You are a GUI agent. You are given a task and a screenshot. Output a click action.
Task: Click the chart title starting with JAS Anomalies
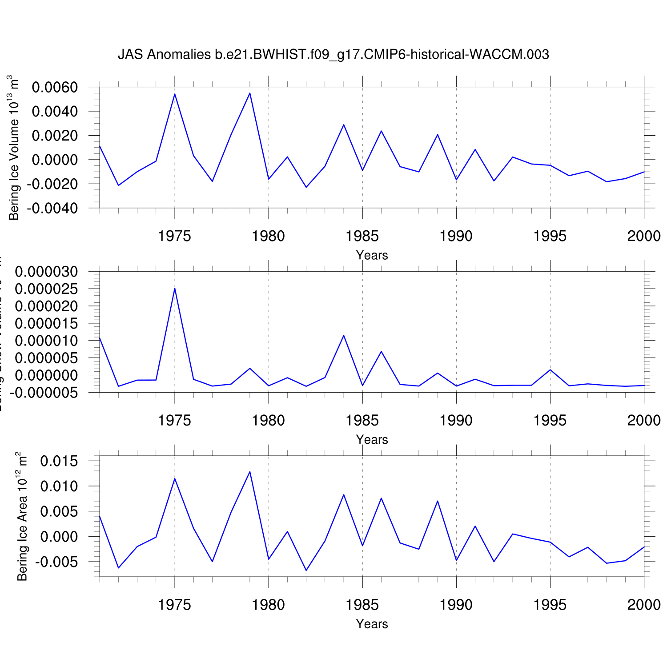click(x=333, y=54)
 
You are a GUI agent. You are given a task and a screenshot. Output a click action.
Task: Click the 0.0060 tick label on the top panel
click(x=55, y=87)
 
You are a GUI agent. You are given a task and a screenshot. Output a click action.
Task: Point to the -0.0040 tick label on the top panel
click(x=52, y=208)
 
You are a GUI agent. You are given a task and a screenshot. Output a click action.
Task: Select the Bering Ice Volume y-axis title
click(x=14, y=148)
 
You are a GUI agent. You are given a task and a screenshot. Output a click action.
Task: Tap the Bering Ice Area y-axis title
click(x=22, y=517)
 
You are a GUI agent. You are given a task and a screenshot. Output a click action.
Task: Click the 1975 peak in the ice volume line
click(x=175, y=94)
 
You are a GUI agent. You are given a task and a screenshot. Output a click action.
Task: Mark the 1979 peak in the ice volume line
click(x=250, y=93)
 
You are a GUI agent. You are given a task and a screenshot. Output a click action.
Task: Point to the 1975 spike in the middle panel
click(x=175, y=288)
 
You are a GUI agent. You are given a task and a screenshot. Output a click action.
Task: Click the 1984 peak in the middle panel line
click(x=344, y=335)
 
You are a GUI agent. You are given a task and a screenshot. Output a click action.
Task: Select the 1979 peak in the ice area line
click(x=250, y=471)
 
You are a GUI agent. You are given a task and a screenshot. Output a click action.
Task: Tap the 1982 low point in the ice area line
click(x=306, y=570)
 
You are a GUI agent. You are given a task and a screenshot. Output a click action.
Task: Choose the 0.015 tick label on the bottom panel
click(x=59, y=461)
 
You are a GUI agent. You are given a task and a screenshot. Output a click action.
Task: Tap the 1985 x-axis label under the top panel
click(x=362, y=236)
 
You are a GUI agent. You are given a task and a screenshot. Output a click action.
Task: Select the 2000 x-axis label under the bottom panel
click(x=644, y=605)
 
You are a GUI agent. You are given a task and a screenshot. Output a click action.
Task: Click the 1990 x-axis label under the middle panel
click(x=456, y=420)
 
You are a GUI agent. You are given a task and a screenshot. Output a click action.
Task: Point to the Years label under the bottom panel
click(x=372, y=624)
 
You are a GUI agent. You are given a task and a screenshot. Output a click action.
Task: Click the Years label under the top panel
click(x=372, y=255)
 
